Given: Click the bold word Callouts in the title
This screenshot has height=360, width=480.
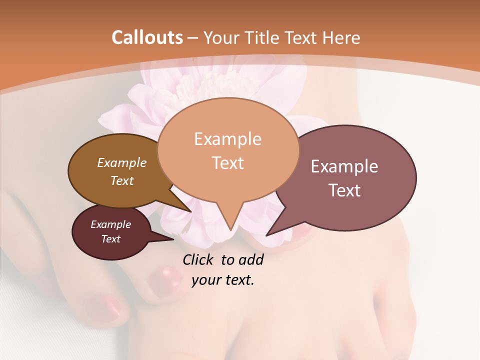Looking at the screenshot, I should pyautogui.click(x=147, y=37).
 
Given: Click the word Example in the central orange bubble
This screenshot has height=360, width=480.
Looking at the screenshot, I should pyautogui.click(x=227, y=139).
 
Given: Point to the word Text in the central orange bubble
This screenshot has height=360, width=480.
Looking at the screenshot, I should pyautogui.click(x=227, y=162).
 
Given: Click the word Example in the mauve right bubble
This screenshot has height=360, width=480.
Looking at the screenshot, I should pyautogui.click(x=344, y=166).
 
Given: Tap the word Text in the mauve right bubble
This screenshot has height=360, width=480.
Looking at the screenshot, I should pyautogui.click(x=344, y=190).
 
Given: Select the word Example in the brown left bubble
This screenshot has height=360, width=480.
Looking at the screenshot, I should pyautogui.click(x=122, y=162).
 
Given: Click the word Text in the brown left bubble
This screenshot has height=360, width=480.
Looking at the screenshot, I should pyautogui.click(x=122, y=180).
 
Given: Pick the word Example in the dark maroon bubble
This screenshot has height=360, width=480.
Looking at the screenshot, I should pyautogui.click(x=110, y=224).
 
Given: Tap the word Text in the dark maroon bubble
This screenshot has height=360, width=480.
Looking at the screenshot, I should pyautogui.click(x=110, y=239).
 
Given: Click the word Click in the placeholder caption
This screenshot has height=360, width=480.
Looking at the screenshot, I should pyautogui.click(x=198, y=259).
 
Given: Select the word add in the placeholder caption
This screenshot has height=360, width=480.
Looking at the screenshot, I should pyautogui.click(x=251, y=259).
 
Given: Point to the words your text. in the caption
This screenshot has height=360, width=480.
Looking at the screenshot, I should pyautogui.click(x=222, y=280).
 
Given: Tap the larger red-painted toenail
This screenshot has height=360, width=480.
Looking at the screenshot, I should pyautogui.click(x=165, y=276).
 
